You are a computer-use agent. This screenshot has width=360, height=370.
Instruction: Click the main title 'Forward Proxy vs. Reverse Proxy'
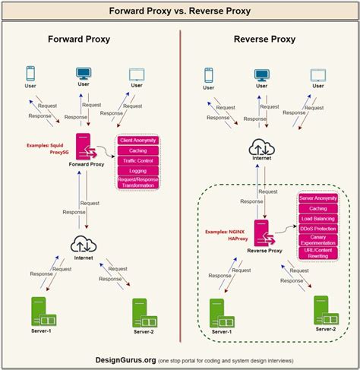(x=179, y=12)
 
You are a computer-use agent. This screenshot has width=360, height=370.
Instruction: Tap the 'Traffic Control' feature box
(x=138, y=160)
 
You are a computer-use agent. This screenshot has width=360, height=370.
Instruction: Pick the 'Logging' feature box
(x=138, y=171)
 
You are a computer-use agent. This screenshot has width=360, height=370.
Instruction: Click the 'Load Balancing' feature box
(x=319, y=217)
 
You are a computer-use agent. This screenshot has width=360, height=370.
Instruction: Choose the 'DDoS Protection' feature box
(x=319, y=228)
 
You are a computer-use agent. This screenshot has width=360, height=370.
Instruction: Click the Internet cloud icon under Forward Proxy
(x=84, y=244)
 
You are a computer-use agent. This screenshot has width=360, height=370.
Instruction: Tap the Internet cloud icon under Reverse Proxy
(x=262, y=149)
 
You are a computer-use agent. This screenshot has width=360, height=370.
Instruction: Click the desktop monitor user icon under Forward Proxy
(x=84, y=74)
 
